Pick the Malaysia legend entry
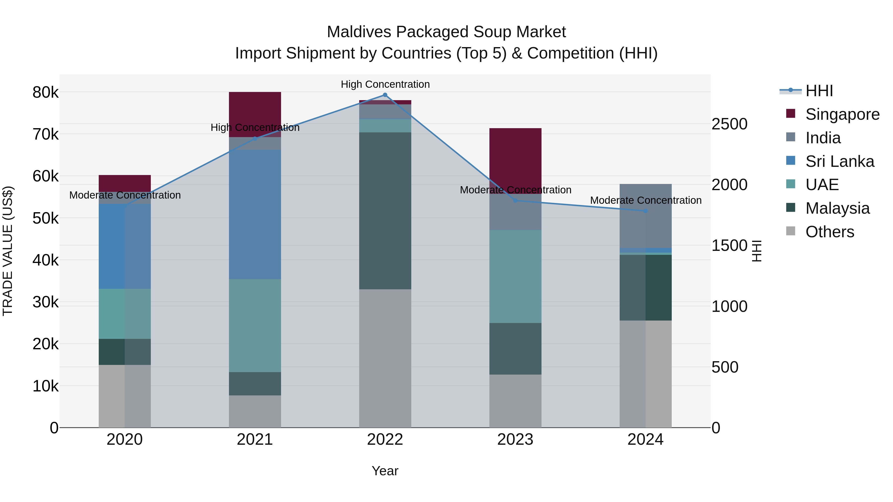coord(837,208)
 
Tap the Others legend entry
coord(829,232)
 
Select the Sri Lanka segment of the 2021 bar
coord(255,214)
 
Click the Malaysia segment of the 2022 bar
coord(385,211)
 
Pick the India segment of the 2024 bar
coord(645,215)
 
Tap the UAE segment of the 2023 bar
coord(515,276)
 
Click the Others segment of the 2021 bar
coord(255,411)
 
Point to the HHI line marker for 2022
coord(385,95)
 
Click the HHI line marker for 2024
coord(645,211)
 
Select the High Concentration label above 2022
coord(385,84)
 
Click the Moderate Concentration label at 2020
coord(125,195)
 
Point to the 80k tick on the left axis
coord(45,92)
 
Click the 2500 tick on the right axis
coord(729,124)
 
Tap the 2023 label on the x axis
coord(515,440)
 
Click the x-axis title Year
coord(385,471)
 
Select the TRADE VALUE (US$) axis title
coord(8,251)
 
